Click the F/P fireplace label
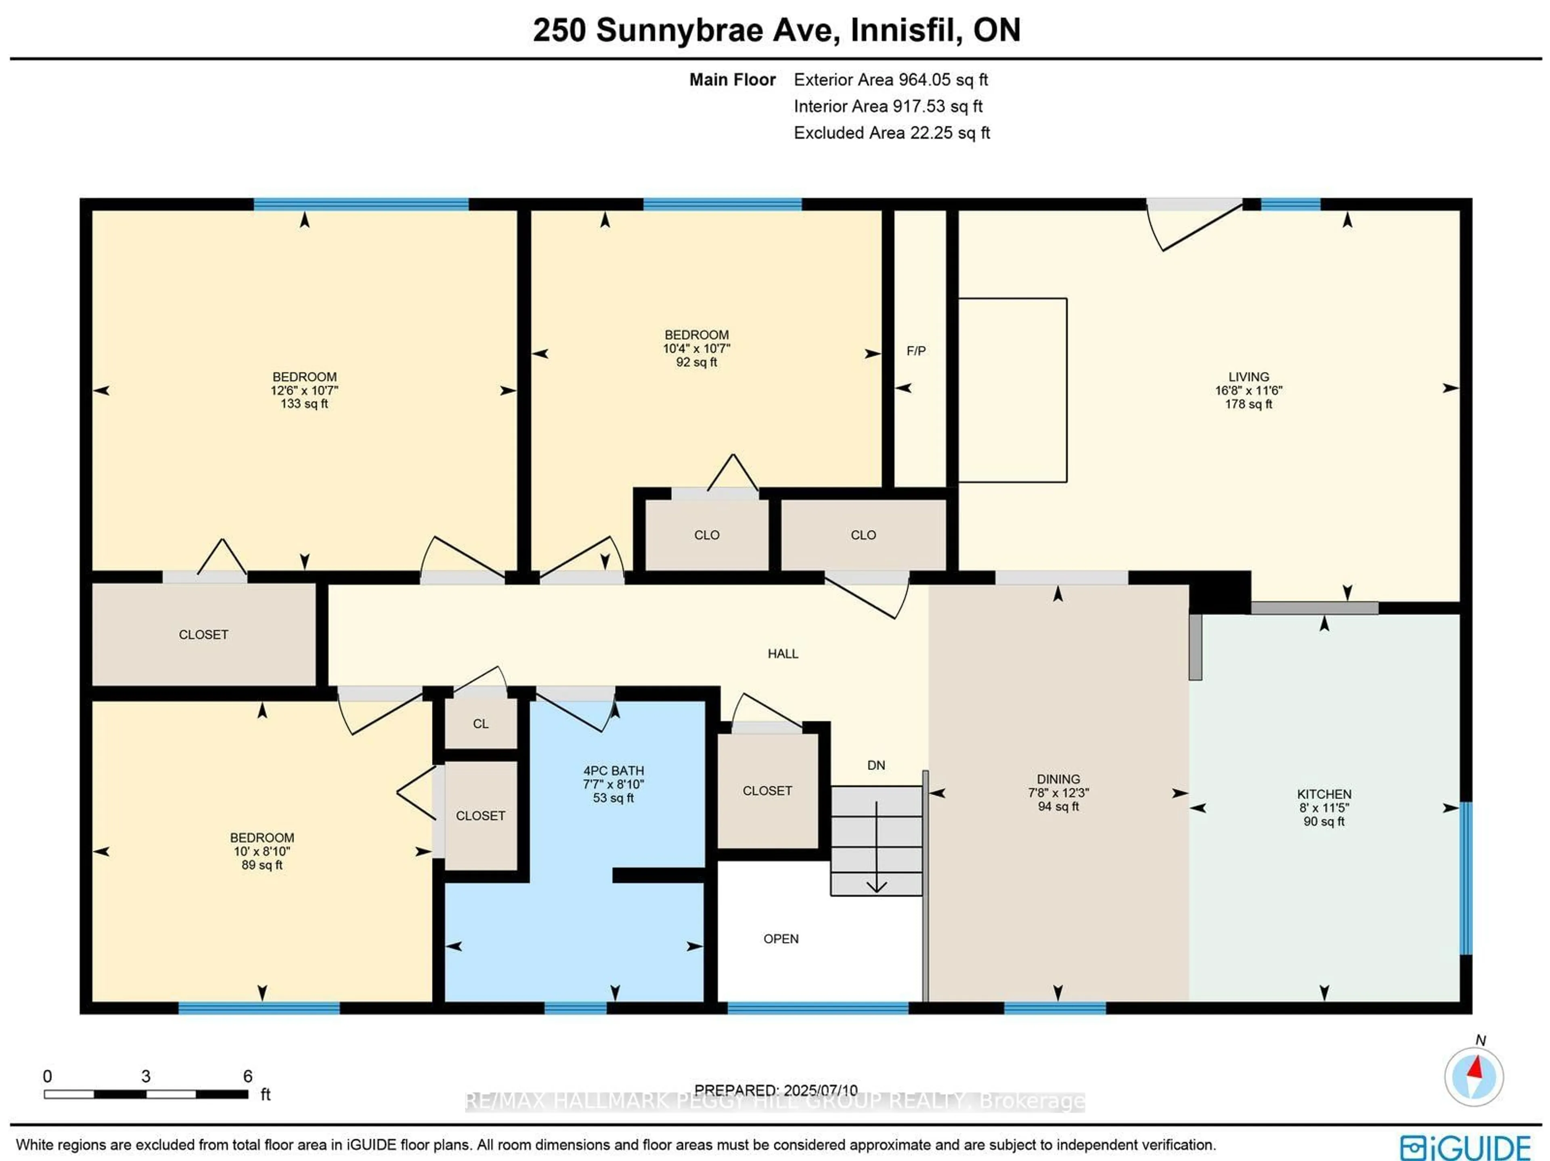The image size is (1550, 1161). (x=916, y=351)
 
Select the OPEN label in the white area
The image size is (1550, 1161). (x=781, y=939)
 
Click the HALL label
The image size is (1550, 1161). (x=783, y=653)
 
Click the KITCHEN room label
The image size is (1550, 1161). (x=1324, y=794)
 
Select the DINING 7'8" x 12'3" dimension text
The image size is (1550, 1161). (x=1058, y=793)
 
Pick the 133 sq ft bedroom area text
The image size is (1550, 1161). (x=304, y=404)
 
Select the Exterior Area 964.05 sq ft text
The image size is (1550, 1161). (x=890, y=80)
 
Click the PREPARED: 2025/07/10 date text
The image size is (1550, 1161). (x=776, y=1090)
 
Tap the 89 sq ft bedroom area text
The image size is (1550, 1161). (x=262, y=865)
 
